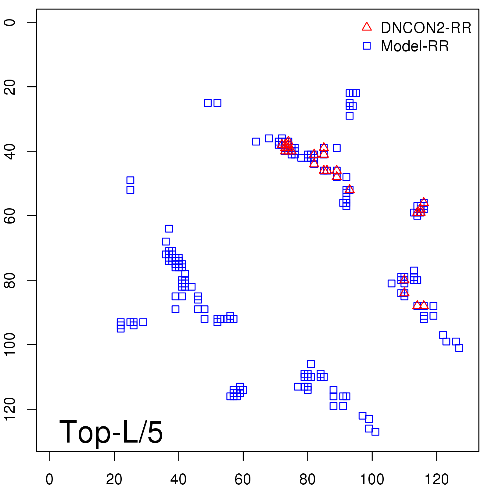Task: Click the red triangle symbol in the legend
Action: [367, 27]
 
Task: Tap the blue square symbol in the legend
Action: [367, 46]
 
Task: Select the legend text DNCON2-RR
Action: [426, 28]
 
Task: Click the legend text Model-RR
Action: [415, 46]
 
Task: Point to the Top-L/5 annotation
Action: [111, 432]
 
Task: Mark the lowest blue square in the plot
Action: [375, 432]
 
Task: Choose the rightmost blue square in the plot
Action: [459, 348]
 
